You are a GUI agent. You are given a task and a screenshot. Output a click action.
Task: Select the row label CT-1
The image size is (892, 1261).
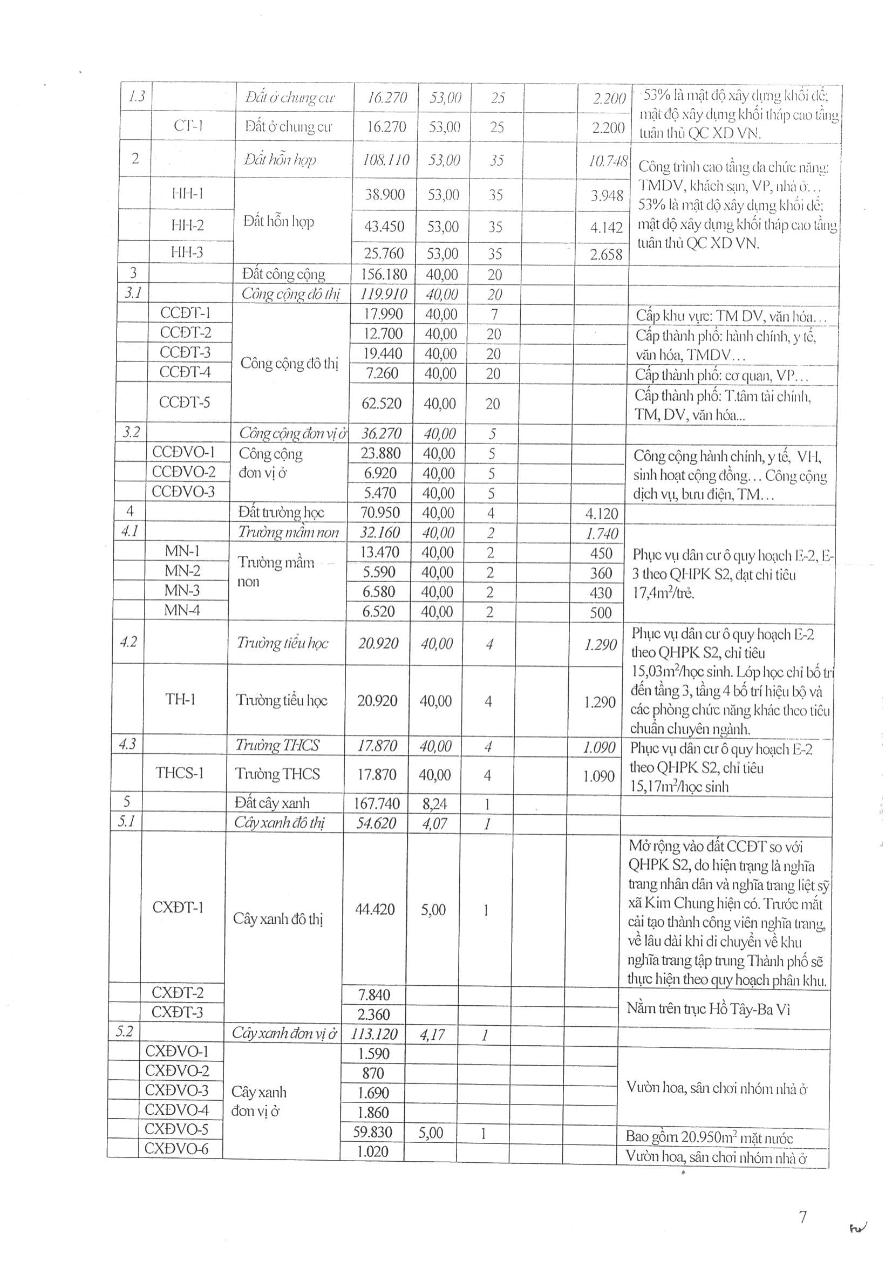(188, 126)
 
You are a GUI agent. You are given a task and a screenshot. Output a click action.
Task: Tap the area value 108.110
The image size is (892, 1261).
(386, 160)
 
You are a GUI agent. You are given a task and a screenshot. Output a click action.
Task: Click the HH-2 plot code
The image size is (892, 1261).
(187, 224)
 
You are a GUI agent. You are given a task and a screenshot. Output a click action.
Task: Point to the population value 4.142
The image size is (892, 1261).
(607, 227)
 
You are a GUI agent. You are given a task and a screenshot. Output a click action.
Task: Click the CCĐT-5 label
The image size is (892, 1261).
(185, 402)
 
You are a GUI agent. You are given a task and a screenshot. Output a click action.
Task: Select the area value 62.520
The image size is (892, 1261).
(382, 403)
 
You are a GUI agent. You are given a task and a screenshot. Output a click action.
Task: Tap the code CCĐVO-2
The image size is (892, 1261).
(183, 472)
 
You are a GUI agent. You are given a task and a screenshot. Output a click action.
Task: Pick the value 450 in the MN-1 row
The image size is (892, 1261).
(601, 553)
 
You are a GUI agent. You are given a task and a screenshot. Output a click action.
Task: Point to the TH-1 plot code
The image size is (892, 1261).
(180, 699)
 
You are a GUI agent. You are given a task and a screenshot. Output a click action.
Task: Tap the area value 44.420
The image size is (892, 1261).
(375, 909)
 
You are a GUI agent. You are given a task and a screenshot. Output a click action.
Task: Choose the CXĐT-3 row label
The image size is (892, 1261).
(178, 1012)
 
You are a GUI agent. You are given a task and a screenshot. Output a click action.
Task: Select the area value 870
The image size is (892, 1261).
(373, 1073)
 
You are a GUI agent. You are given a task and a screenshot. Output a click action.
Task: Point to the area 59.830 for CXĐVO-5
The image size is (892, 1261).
(373, 1132)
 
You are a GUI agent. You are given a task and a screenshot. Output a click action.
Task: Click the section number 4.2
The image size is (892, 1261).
(128, 642)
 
